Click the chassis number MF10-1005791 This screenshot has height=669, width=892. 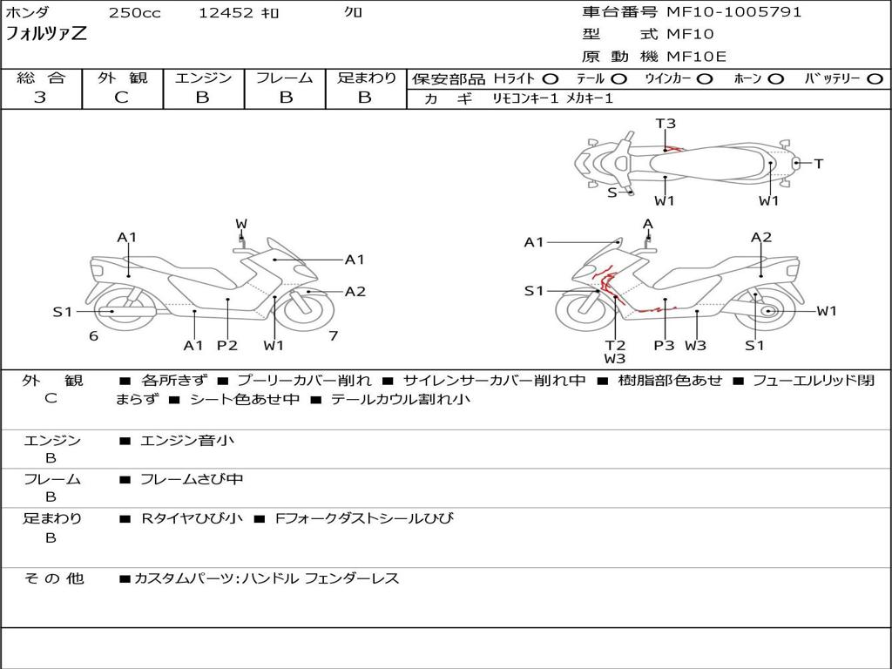734,12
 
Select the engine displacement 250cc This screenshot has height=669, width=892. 134,13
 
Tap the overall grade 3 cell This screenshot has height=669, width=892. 40,98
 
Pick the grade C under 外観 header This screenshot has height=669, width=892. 121,98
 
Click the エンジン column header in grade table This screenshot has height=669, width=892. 203,78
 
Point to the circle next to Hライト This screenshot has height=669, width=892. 551,79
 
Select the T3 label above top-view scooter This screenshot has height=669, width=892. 666,124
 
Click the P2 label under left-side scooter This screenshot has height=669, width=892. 227,346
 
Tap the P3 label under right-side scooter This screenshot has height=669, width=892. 664,346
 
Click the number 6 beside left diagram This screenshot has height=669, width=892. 93,336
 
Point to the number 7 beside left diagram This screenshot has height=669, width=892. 333,336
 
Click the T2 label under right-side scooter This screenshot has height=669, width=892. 615,346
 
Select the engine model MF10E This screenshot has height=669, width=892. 696,57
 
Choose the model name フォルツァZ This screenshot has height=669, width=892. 47,36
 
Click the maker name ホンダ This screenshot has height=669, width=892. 28,13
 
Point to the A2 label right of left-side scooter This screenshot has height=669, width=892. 355,292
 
